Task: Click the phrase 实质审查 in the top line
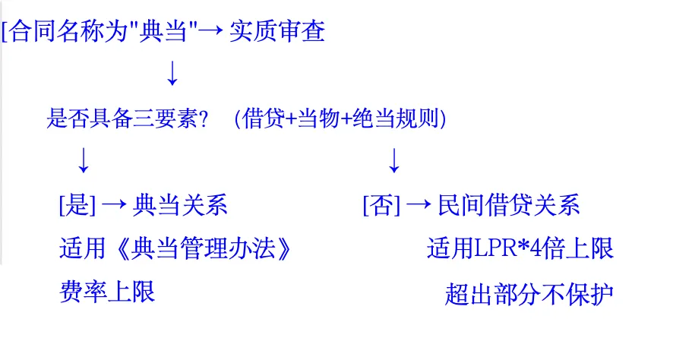pos(277,32)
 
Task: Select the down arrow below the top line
pos(172,73)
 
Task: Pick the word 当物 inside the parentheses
pos(319,118)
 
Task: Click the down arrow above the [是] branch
pos(84,160)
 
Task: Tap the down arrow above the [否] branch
pos(393,160)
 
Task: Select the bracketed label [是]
pos(77,205)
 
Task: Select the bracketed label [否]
pos(381,205)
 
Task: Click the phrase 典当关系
pos(180,205)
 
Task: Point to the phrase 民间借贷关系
pos(509,205)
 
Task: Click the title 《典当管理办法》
pos(201,248)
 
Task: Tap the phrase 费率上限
pos(107,292)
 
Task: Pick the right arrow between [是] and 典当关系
pos(114,205)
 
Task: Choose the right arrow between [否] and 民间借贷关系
pos(419,205)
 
